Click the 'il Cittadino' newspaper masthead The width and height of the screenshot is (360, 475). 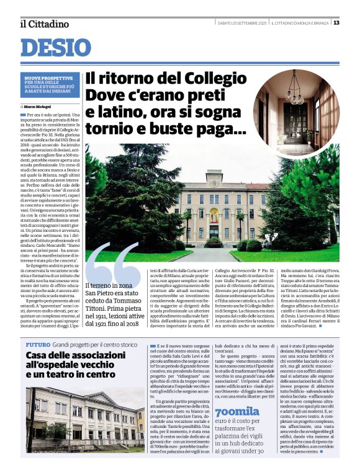[44, 24]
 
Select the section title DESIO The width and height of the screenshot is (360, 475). [56, 47]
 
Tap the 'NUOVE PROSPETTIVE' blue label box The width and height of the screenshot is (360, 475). [48, 87]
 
